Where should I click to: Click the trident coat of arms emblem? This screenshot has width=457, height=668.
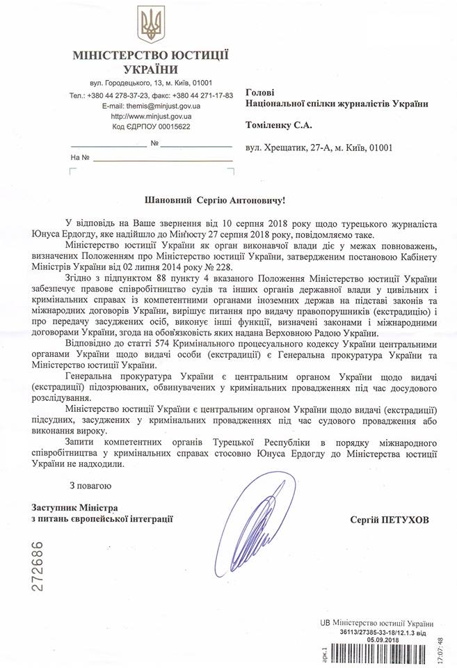pyautogui.click(x=151, y=24)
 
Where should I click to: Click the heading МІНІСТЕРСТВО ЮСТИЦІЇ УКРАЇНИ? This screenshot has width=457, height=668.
pyautogui.click(x=151, y=62)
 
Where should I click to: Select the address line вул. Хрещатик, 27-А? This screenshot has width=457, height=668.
pyautogui.click(x=292, y=148)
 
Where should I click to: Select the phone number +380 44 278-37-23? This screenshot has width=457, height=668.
pyautogui.click(x=120, y=95)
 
